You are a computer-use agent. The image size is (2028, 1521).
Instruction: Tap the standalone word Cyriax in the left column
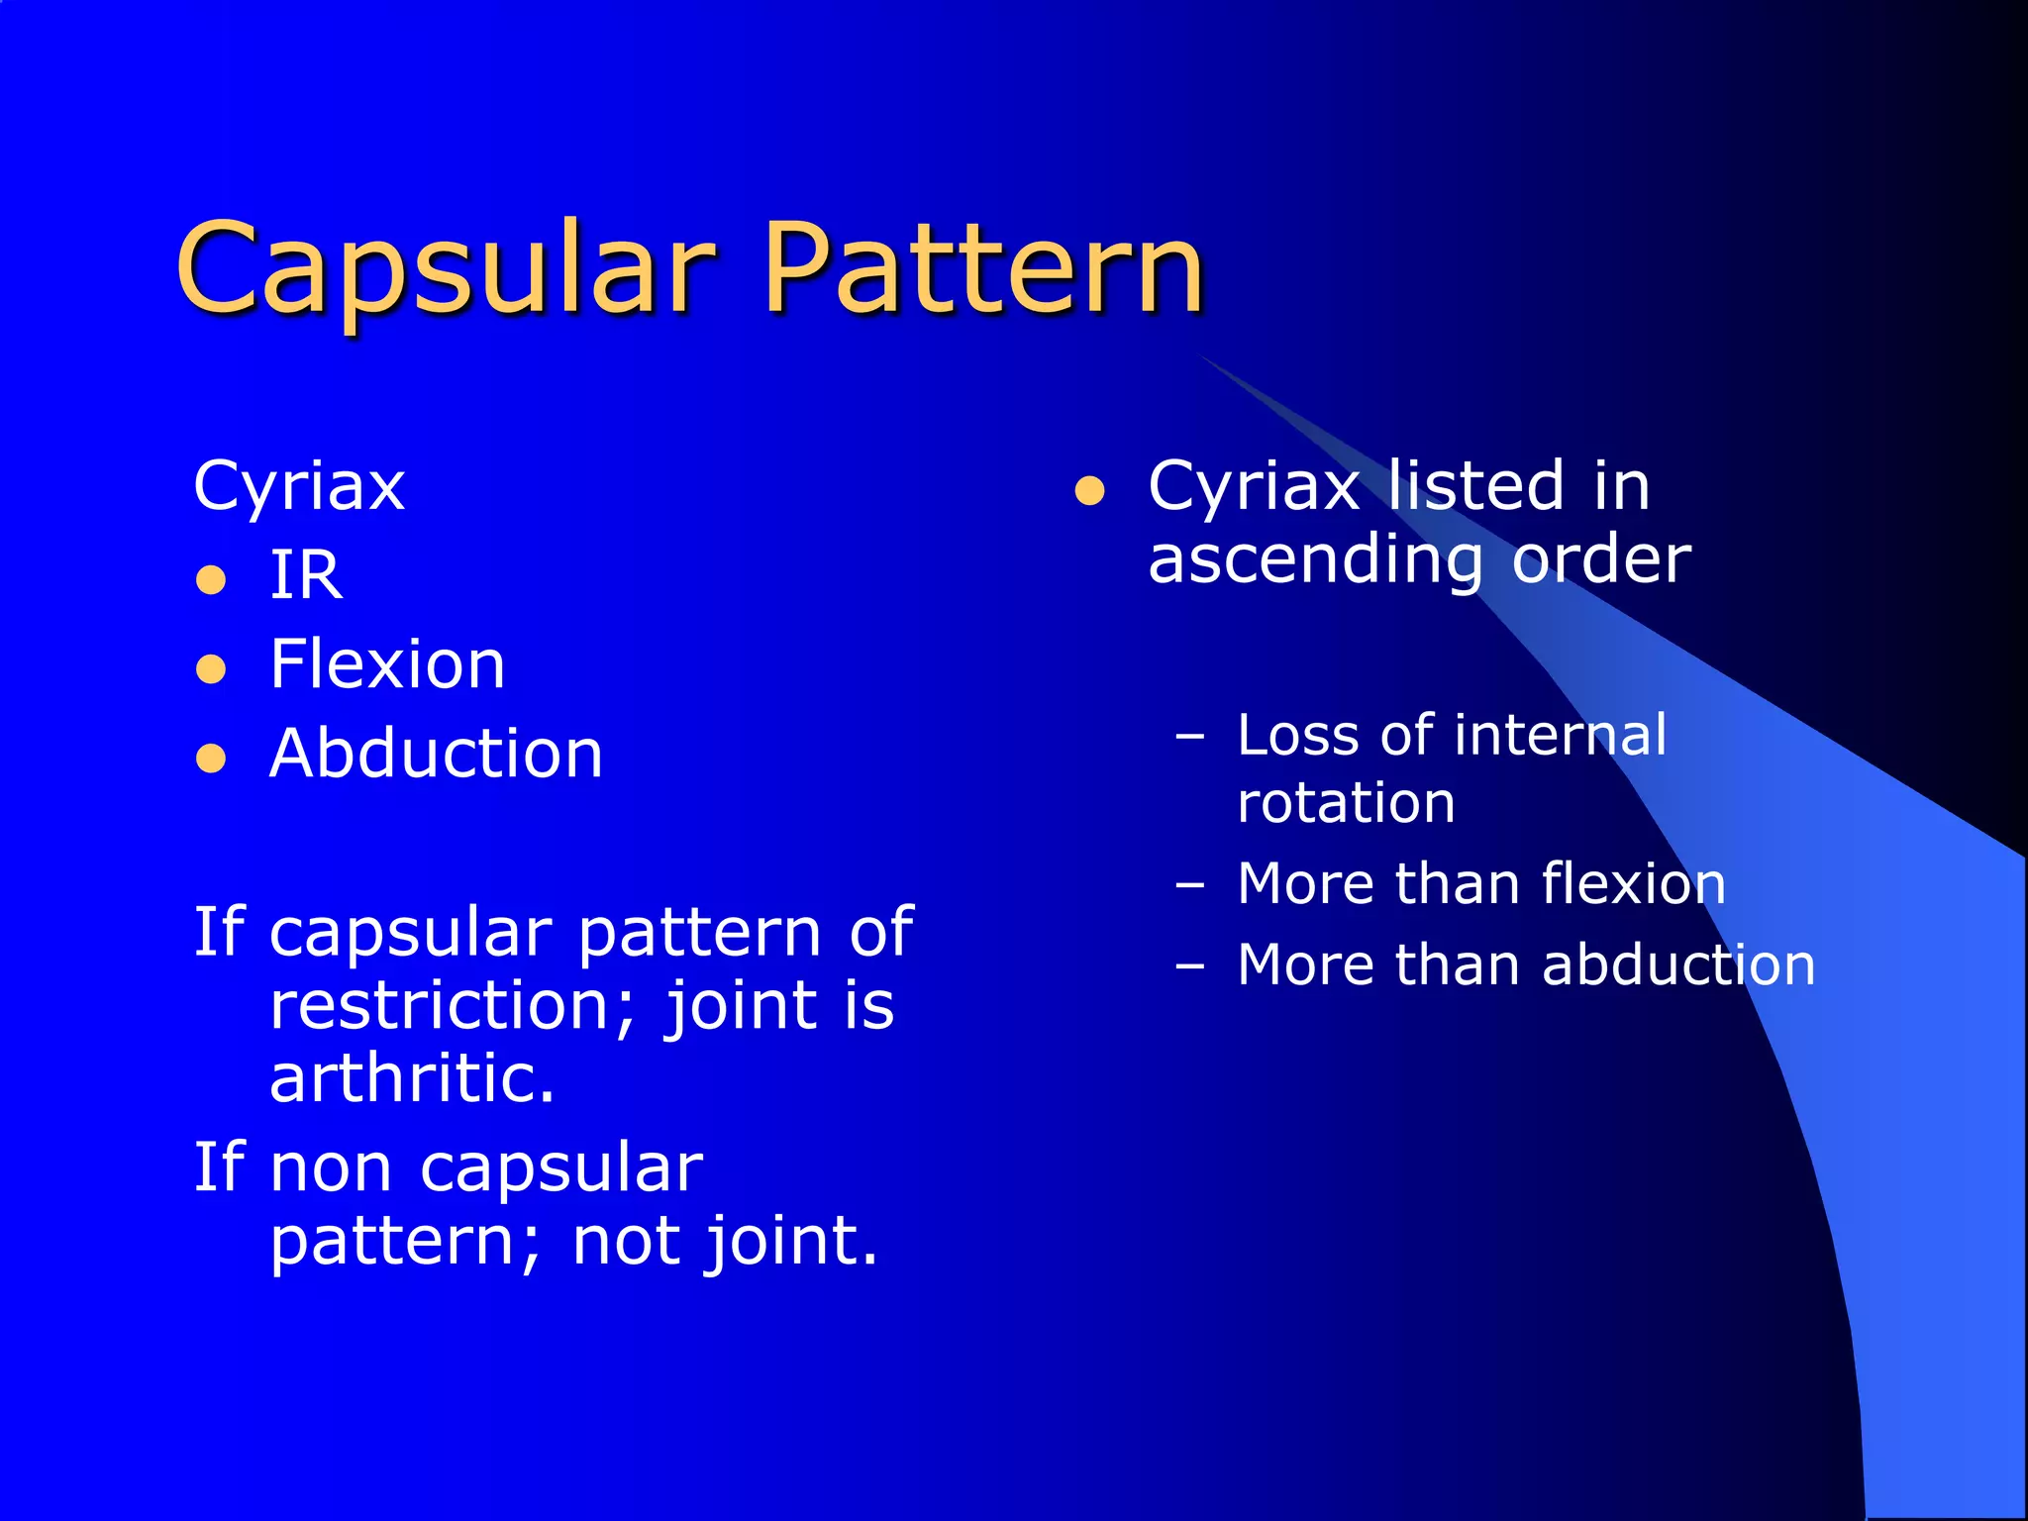coord(299,486)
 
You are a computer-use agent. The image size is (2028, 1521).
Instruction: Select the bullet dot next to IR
coord(211,579)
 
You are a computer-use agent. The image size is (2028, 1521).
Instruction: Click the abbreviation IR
coord(306,575)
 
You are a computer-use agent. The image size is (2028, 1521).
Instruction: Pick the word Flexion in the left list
coord(387,664)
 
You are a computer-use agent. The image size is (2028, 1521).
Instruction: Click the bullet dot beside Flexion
coord(211,669)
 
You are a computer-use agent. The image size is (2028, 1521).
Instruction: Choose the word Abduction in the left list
coord(436,754)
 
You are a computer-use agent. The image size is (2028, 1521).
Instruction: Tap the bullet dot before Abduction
coord(211,760)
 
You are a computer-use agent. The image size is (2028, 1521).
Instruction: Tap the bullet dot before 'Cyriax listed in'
coord(1089,491)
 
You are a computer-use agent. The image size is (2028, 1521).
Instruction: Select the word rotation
coord(1346,802)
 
